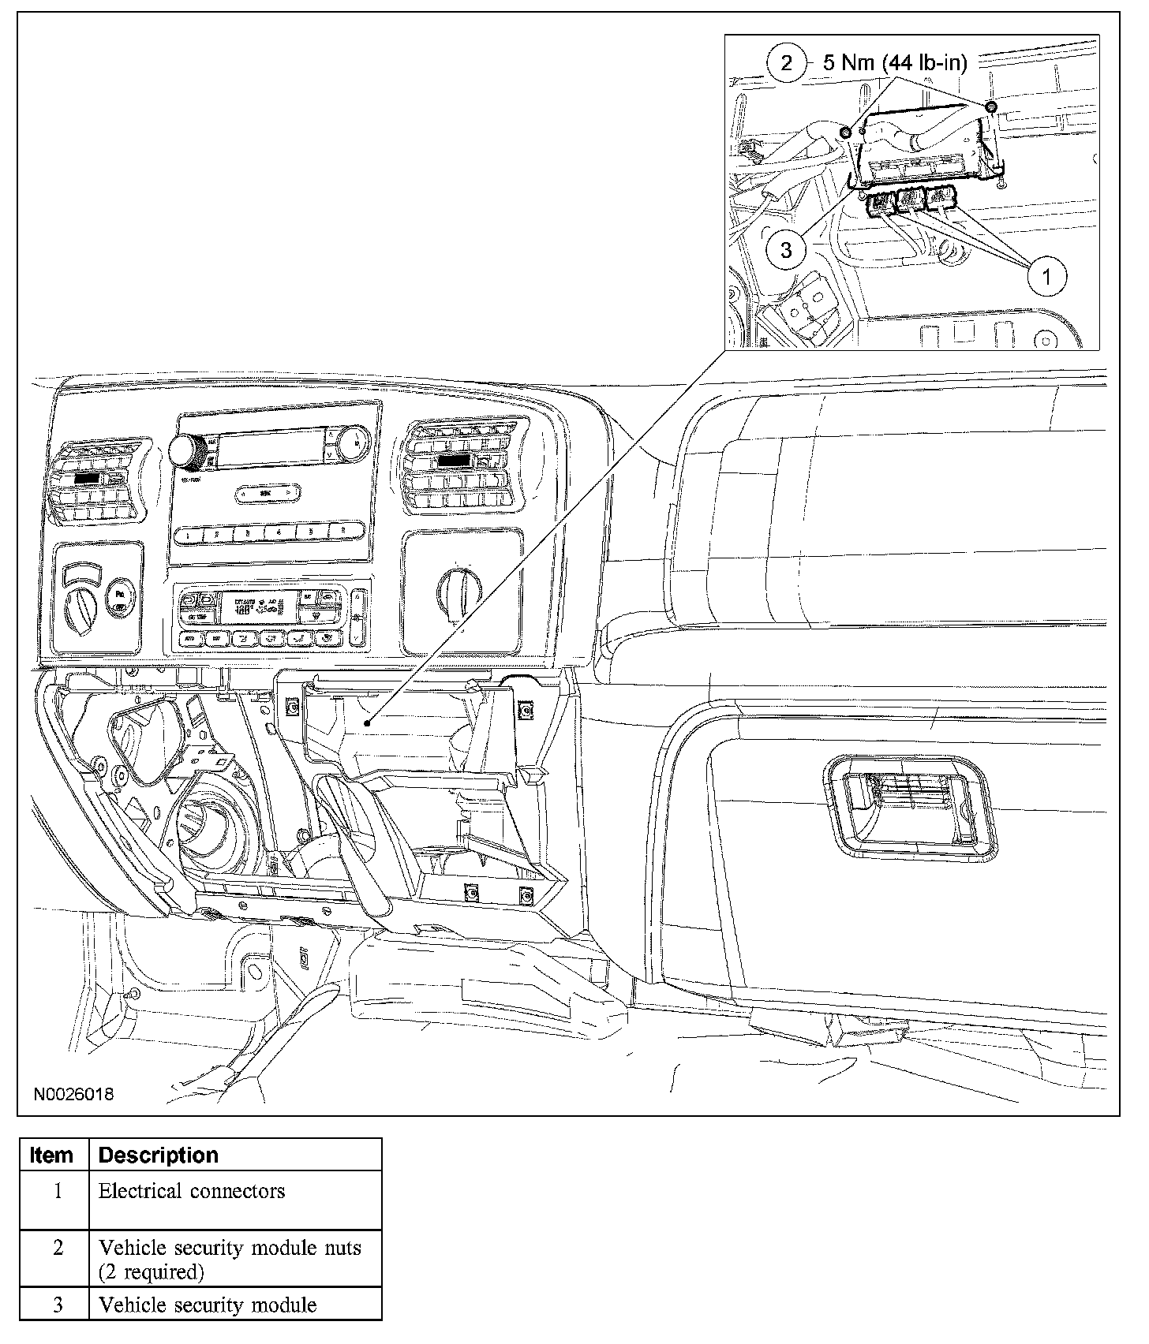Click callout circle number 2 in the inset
tap(786, 62)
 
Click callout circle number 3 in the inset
tap(786, 250)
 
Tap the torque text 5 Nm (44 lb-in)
tap(894, 62)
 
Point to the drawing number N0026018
tap(73, 1095)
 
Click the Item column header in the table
tap(52, 1155)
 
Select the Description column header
tap(158, 1155)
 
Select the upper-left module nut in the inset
tap(846, 132)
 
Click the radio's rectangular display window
tap(271, 448)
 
